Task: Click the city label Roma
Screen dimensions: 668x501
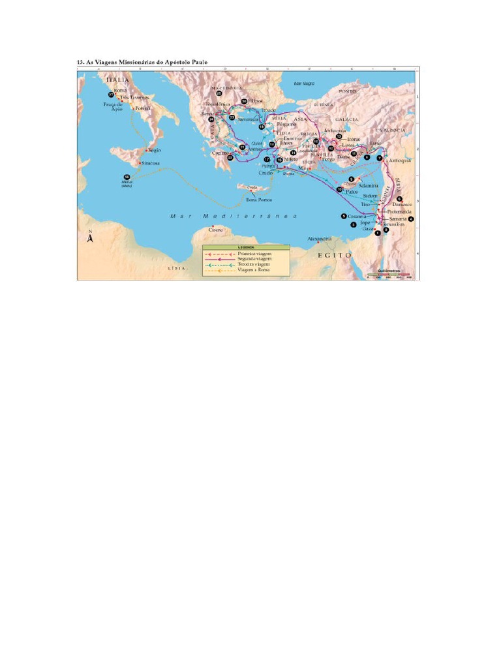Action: point(120,91)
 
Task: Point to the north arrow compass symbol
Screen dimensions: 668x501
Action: point(91,237)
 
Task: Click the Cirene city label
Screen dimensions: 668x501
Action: point(215,230)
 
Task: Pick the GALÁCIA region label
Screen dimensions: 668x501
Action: point(346,120)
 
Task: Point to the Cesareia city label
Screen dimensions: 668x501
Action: point(357,216)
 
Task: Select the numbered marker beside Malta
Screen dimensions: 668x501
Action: point(127,177)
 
